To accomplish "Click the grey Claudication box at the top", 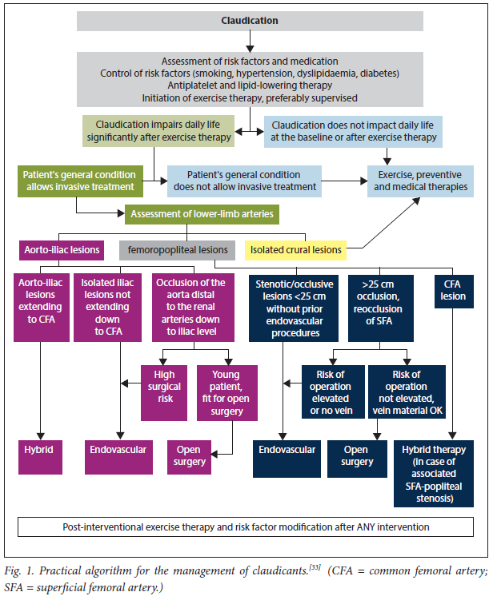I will pyautogui.click(x=250, y=20).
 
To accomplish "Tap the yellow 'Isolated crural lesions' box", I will pyautogui.click(x=295, y=249).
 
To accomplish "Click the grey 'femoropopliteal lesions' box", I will pyautogui.click(x=178, y=249).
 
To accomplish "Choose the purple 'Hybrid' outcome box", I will pyautogui.click(x=38, y=450).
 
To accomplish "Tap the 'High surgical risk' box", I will pyautogui.click(x=164, y=392).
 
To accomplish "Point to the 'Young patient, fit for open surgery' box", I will pyautogui.click(x=227, y=392).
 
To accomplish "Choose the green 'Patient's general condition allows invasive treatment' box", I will pyautogui.click(x=77, y=181).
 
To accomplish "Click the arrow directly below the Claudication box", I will pyautogui.click(x=250, y=40).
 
